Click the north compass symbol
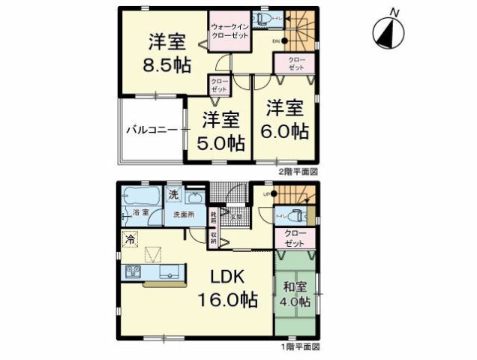(388, 30)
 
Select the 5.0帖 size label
(220, 142)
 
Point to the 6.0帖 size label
(283, 130)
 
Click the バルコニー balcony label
(151, 129)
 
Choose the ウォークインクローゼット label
(229, 32)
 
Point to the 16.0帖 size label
(227, 300)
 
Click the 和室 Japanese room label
(295, 286)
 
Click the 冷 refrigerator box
(130, 241)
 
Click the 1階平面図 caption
(300, 347)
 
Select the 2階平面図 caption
(299, 172)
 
